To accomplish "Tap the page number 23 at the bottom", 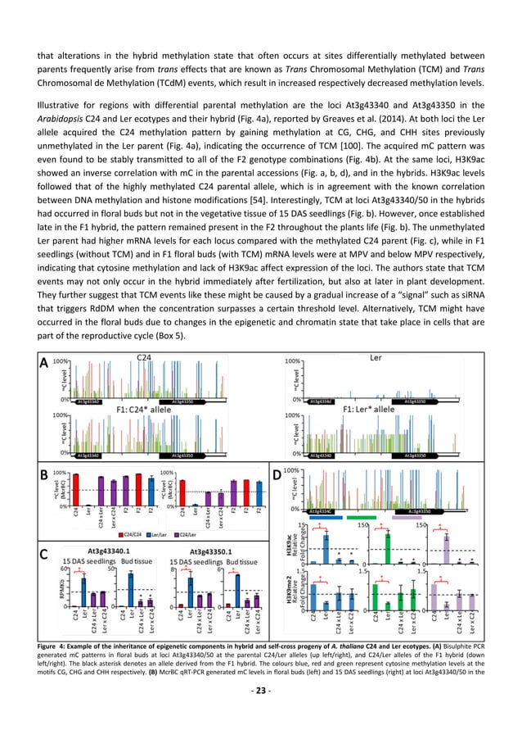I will pos(261,707).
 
